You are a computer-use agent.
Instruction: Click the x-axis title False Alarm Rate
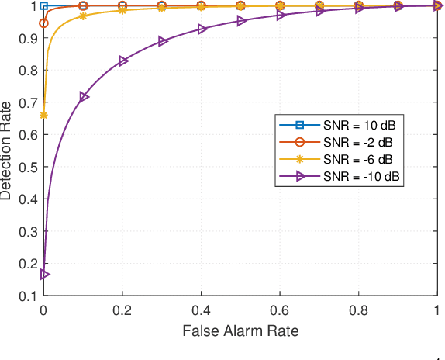pos(240,331)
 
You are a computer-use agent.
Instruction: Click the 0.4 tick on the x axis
pos(201,309)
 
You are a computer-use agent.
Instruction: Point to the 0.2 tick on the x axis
pos(122,309)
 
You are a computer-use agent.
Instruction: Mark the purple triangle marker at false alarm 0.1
pos(84,96)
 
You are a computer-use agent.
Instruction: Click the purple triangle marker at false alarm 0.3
pos(162,41)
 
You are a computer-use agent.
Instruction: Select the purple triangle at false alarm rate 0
pos(44,274)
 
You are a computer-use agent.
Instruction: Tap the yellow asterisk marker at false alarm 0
pos(44,115)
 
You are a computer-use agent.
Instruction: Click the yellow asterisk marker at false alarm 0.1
pos(84,16)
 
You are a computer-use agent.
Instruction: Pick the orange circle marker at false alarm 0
pos(44,22)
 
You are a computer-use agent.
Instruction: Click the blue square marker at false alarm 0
pos(44,5)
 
